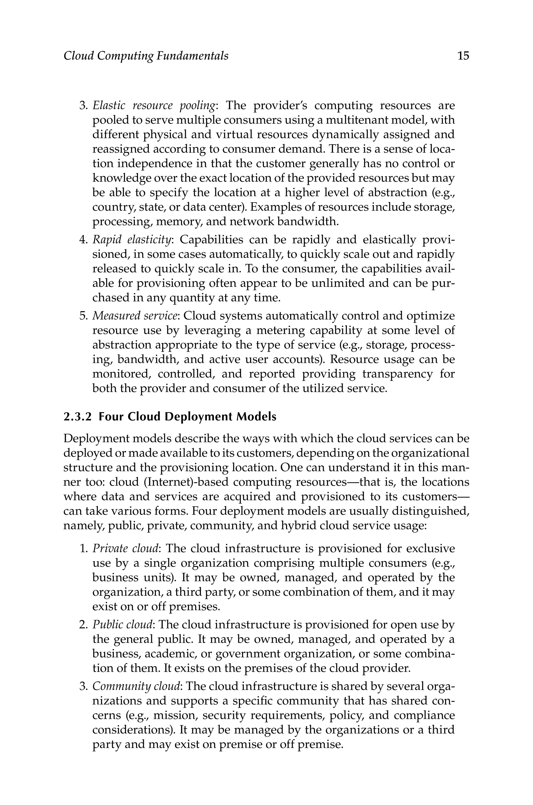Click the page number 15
(x=463, y=56)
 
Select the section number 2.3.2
(x=78, y=417)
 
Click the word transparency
(x=397, y=374)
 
